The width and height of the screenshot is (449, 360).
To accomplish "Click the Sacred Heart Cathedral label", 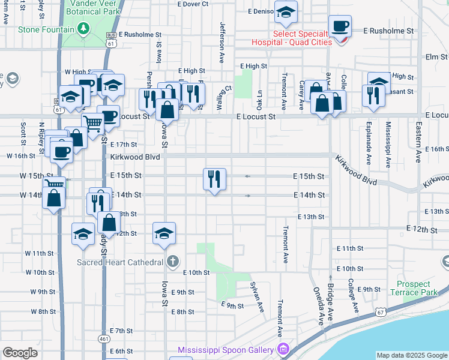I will coord(119,262).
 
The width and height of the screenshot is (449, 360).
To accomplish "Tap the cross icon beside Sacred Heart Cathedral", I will coord(173,262).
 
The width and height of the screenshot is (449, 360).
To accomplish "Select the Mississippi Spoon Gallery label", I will coord(226,349).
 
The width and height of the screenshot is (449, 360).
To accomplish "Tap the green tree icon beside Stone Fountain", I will coord(84,29).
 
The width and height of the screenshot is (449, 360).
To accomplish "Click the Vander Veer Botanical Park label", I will coord(92,7).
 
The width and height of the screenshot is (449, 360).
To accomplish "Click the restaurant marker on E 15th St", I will coord(214,179).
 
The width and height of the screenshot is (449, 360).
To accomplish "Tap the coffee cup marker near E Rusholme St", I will coord(340,27).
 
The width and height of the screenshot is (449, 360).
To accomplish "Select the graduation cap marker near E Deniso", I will coord(286,12).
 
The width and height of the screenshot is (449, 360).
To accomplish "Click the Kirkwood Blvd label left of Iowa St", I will coord(135,157).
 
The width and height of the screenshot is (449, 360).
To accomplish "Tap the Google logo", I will coord(20,353).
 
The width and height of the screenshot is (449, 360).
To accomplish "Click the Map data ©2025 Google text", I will coord(411,355).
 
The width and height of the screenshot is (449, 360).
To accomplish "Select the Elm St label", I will coord(433,57).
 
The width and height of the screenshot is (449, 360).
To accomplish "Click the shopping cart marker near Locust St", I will coord(92,124).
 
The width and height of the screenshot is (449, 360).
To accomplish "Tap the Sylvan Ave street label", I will coord(258,298).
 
